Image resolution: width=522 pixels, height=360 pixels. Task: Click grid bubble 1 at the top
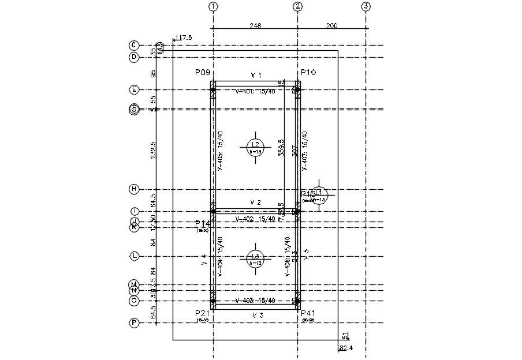[213, 7]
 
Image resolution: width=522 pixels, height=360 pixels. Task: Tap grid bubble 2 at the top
[298, 7]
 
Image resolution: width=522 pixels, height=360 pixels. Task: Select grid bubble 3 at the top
[366, 7]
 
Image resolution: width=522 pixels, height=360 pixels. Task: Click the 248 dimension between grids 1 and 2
[256, 25]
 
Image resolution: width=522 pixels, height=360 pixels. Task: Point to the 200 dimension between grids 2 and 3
[332, 25]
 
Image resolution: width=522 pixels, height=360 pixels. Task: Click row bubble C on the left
[134, 45]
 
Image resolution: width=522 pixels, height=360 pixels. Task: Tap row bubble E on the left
[134, 89]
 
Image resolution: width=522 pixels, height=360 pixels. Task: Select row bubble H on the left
[134, 189]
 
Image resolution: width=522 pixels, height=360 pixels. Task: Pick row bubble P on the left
[134, 323]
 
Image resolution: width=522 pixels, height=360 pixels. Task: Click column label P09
[203, 73]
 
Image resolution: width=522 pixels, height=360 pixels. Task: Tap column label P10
[308, 73]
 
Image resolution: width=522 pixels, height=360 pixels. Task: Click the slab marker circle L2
[255, 147]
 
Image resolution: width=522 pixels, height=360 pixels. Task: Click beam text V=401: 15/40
[255, 91]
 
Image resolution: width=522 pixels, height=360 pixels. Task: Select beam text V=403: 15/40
[255, 301]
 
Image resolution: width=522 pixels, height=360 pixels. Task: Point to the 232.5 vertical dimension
[154, 149]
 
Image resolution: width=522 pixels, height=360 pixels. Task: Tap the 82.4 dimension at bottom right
[346, 348]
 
